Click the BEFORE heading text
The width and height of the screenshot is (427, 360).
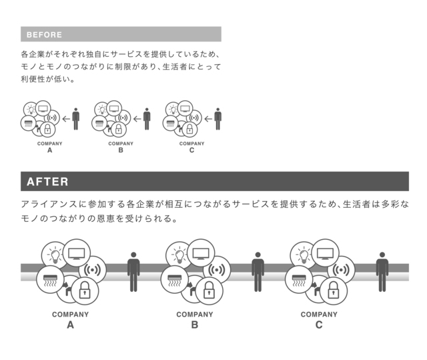[x=44, y=35]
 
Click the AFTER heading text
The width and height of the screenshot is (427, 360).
[x=47, y=182]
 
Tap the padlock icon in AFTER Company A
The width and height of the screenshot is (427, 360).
[x=84, y=289]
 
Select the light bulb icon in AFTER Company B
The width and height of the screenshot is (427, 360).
[x=178, y=254]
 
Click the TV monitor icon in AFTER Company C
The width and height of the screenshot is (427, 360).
[x=325, y=253]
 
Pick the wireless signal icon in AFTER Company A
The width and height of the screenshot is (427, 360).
[x=93, y=271]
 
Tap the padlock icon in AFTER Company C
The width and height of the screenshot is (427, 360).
[x=332, y=289]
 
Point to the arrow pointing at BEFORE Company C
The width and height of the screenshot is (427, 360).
[x=208, y=120]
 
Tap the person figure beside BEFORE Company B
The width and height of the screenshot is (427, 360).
[x=147, y=119]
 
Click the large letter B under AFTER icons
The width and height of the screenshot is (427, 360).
[x=195, y=325]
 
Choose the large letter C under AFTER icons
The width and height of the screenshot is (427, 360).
[x=319, y=325]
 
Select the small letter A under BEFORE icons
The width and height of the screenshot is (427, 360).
[x=49, y=151]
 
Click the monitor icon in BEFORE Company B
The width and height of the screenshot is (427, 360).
[x=114, y=108]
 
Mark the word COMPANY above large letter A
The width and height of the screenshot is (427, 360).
[x=70, y=315]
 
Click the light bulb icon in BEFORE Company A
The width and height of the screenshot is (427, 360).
[x=30, y=109]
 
